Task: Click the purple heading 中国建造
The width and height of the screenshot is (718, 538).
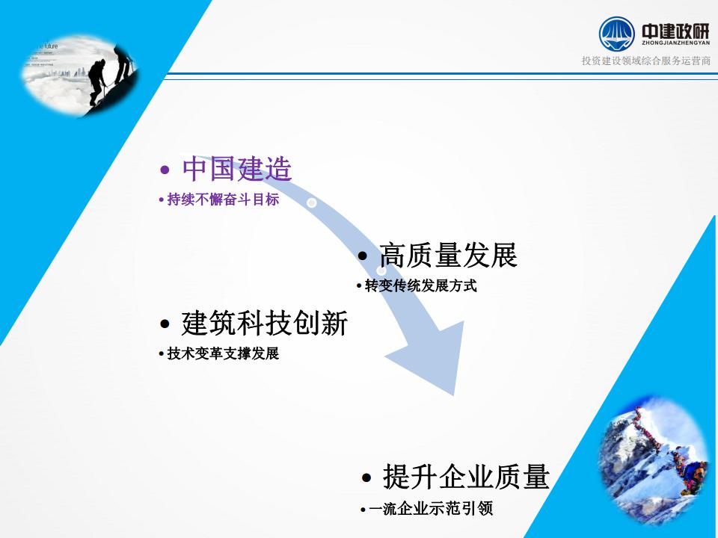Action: [x=237, y=169]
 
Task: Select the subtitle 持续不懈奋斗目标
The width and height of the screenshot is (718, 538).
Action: [x=223, y=200]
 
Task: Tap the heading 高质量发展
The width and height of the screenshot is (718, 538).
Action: [x=448, y=256]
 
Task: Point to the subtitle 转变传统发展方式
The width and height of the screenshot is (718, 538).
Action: [x=421, y=286]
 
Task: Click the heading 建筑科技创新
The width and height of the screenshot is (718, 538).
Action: [x=265, y=323]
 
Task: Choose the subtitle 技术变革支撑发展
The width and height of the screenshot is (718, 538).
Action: [x=223, y=353]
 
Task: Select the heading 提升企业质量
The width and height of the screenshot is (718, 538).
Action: [x=466, y=477]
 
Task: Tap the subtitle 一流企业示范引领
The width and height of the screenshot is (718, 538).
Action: [x=431, y=509]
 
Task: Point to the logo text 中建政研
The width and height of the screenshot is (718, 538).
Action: [x=675, y=31]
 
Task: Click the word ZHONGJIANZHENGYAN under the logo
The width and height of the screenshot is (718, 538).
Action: [x=676, y=43]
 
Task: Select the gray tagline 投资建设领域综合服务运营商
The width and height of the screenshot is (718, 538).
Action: [x=646, y=61]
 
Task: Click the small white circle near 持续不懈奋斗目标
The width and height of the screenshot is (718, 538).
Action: [x=311, y=202]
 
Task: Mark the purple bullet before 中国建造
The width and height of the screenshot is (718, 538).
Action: [x=165, y=170]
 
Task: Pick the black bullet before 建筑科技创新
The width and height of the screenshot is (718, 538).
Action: [x=165, y=324]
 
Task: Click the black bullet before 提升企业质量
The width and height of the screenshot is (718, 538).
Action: [x=366, y=478]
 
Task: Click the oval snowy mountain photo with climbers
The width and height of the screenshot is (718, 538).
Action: [x=654, y=462]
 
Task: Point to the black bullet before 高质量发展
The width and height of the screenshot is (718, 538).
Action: [x=363, y=256]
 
